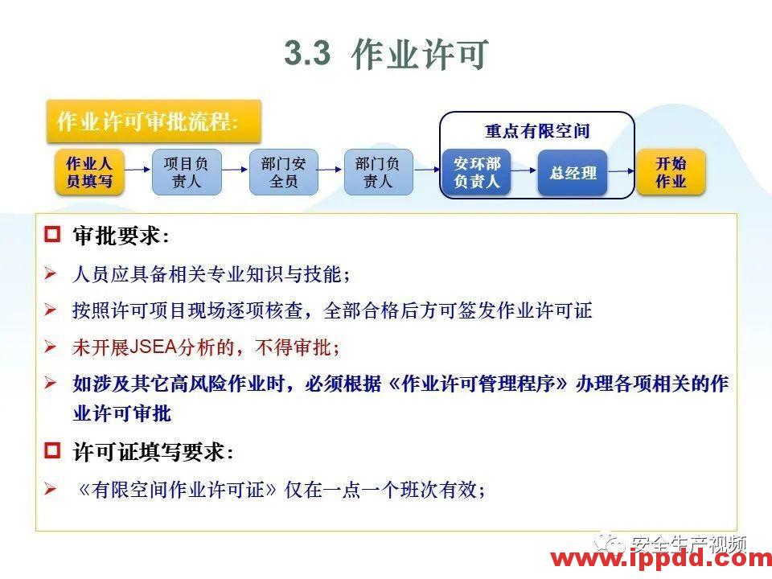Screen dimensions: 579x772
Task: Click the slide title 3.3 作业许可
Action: (386, 55)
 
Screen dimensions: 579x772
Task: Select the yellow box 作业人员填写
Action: (89, 172)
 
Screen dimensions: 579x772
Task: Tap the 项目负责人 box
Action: (186, 172)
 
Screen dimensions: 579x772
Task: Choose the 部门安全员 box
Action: (283, 172)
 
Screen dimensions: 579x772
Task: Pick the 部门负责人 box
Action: (378, 172)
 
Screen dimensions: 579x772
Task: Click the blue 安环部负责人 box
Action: (477, 173)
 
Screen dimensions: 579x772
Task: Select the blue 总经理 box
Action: (573, 173)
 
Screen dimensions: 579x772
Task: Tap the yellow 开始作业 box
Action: (671, 172)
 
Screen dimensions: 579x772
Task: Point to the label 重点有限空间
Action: (537, 131)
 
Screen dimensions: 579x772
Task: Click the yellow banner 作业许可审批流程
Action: (153, 122)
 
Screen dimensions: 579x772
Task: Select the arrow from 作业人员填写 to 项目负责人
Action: (138, 170)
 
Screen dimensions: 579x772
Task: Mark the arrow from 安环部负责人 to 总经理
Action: (524, 170)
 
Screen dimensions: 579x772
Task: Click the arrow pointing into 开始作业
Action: (622, 170)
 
